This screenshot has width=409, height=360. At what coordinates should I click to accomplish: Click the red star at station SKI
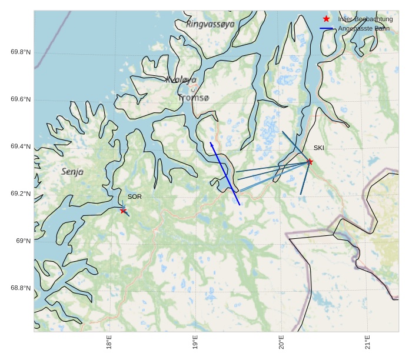coord(310,162)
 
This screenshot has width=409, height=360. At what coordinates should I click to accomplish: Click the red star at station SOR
coord(124,211)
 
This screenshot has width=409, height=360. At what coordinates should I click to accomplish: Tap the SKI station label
coord(318,148)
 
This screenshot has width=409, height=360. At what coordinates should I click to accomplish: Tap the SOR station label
coord(134,196)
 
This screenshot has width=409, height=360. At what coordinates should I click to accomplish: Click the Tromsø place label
coord(193,98)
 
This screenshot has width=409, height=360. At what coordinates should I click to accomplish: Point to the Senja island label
coord(72,172)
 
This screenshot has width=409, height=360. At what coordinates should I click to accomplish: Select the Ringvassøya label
coord(210,24)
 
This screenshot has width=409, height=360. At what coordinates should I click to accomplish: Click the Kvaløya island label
coord(181,80)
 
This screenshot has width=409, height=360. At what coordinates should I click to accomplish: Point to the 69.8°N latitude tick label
coord(21,52)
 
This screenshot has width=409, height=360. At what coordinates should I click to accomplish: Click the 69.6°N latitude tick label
coord(21,99)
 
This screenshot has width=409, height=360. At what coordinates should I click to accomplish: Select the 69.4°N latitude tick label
coord(21,146)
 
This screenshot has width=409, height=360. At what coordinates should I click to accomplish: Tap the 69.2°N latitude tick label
coord(21,194)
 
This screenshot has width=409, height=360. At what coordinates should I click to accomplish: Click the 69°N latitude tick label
coord(23,241)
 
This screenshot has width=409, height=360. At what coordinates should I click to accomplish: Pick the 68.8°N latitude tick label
coord(21,288)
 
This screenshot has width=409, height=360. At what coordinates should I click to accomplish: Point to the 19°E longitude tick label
coord(195,342)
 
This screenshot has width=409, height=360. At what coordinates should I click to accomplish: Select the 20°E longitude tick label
coord(281,342)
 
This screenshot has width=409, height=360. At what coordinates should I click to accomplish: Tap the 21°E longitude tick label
coord(367,342)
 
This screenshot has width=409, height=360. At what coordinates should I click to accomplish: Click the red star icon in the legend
coord(327,19)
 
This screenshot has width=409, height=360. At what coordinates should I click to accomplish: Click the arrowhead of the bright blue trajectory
coord(211,143)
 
